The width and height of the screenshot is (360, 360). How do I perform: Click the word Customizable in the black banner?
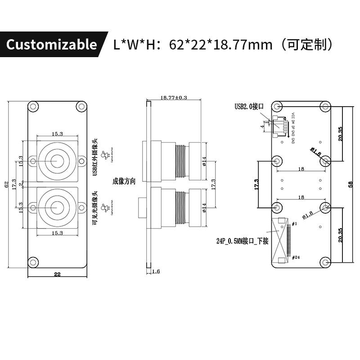52,45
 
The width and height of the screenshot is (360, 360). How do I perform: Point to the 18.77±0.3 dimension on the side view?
174,97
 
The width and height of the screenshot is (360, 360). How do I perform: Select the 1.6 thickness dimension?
156,271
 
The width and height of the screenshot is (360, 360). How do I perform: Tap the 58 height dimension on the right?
351,184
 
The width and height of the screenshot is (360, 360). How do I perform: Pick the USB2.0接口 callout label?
248,107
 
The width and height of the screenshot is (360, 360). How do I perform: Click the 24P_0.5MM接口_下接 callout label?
242,241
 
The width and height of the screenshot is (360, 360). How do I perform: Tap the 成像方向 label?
124,181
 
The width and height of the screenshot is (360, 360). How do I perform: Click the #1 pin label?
295,224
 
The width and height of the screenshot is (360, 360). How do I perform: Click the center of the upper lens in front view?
57,161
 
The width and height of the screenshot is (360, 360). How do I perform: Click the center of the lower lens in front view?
57,207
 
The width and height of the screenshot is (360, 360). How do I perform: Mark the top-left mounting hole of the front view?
33,107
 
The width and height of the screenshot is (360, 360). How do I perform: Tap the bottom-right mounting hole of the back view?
326,262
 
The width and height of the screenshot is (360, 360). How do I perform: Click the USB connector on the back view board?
280,126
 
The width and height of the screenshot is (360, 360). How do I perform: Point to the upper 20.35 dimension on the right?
340,134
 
